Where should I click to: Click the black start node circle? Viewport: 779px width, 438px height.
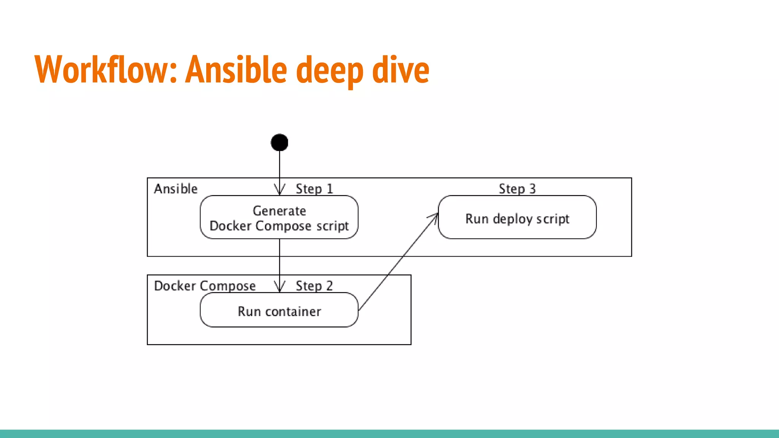[279, 143]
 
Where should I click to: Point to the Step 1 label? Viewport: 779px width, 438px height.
[314, 189]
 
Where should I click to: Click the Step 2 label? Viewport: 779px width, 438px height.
[314, 286]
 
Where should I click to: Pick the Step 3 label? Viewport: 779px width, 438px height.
[517, 189]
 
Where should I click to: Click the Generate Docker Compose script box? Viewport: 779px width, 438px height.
[279, 217]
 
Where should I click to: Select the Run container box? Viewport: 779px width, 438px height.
[279, 310]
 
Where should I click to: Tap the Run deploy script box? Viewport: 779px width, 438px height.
[517, 217]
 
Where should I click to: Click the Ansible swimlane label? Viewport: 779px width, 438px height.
[176, 189]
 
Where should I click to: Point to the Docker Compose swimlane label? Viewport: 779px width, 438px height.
[205, 286]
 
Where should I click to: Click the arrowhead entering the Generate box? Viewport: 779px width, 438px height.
[280, 190]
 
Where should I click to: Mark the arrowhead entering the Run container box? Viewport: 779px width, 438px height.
[280, 287]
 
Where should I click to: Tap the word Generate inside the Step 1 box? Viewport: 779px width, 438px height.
[279, 211]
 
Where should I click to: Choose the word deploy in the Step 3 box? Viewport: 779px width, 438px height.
[512, 219]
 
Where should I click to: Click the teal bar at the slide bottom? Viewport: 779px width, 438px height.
[389, 433]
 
